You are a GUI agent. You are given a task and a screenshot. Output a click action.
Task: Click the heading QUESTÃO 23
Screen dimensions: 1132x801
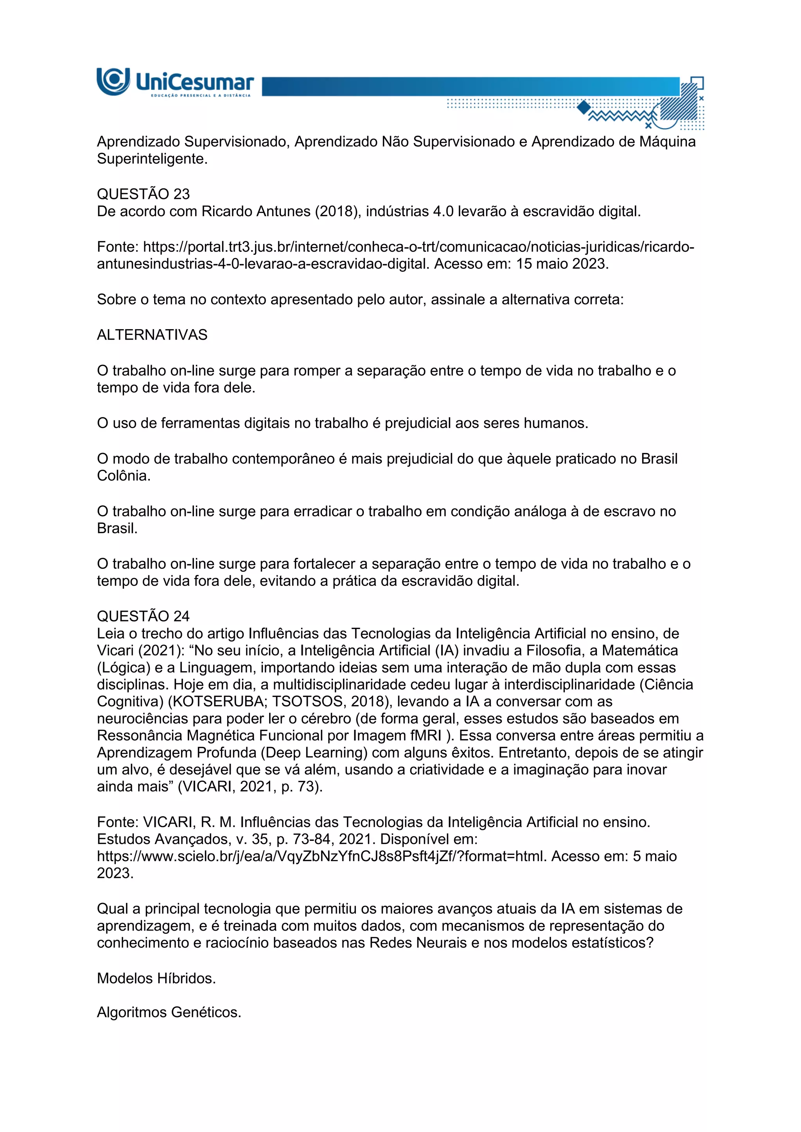143,194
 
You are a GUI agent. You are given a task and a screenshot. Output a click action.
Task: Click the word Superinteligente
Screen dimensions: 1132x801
152,159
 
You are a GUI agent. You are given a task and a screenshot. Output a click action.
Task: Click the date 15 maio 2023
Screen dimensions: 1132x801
562,264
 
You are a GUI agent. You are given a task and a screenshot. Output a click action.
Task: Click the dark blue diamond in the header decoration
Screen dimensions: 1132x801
584,107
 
